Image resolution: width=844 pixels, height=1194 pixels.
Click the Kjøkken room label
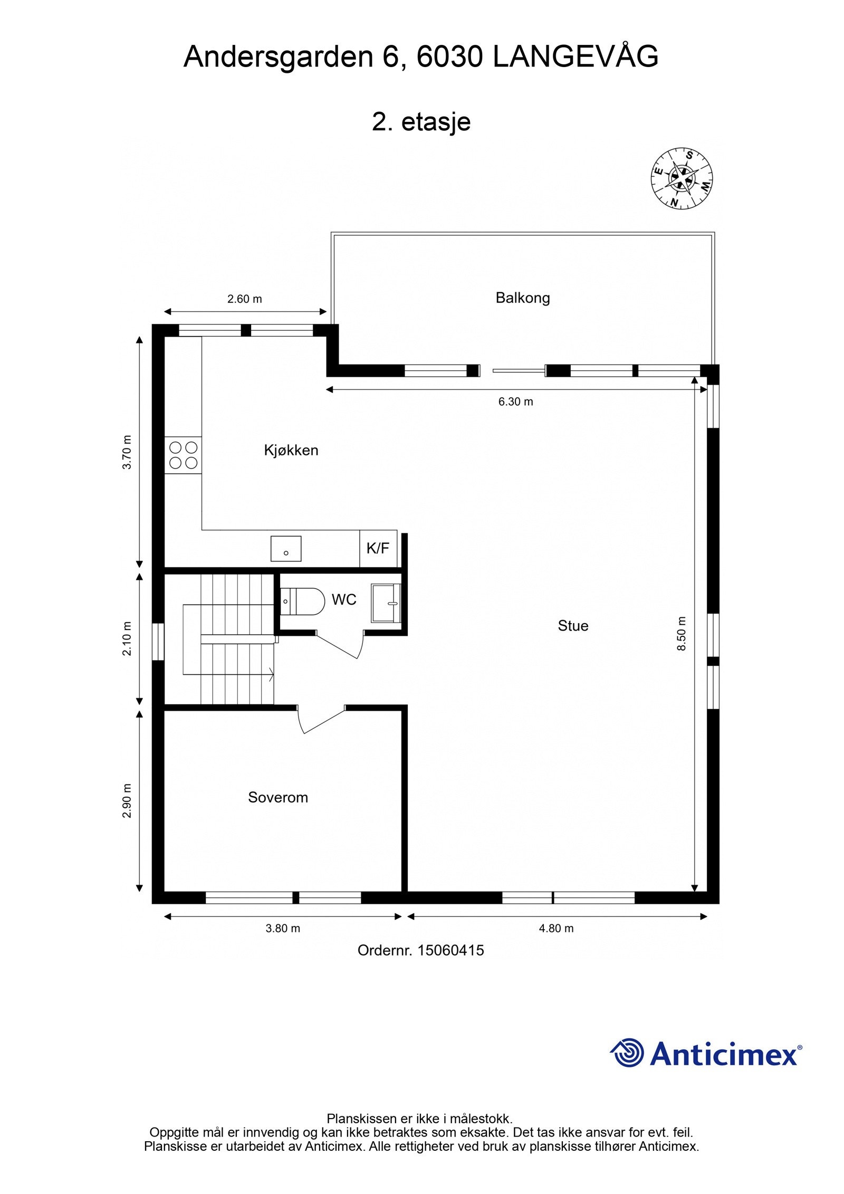coord(291,451)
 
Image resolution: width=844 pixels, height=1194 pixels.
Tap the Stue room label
coord(573,626)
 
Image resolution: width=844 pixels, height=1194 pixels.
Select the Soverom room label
coord(278,797)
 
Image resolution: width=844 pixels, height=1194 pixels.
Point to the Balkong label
coord(523,298)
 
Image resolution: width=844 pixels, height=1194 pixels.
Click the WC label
coord(344,599)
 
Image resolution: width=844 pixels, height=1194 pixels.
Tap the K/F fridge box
coord(378,549)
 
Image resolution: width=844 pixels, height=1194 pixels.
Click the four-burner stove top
coord(183,455)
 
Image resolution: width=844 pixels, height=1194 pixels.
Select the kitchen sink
coord(286,549)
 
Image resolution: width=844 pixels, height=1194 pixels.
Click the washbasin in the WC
coord(386,603)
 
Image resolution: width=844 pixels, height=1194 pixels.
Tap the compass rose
coord(683,178)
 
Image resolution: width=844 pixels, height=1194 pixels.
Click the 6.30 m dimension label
coord(515,402)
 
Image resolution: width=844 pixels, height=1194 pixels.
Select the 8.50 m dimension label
coord(682,634)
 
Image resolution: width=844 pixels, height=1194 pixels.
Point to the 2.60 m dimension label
coord(244,299)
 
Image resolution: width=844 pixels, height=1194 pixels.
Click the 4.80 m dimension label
coord(556,928)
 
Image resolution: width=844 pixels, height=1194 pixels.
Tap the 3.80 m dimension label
coord(283,928)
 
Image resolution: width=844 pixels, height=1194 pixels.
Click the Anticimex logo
coord(706,1053)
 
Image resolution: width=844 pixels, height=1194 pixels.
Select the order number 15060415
coord(450,950)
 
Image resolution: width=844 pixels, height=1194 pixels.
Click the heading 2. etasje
coord(421,122)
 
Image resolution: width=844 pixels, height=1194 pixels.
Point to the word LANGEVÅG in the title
coord(576,57)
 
